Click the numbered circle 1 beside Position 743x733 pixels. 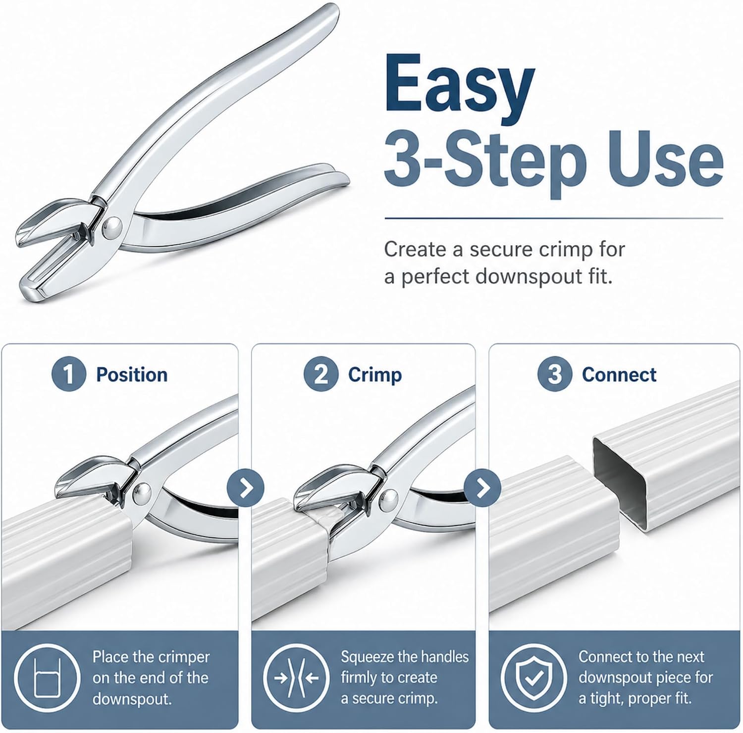tap(69, 374)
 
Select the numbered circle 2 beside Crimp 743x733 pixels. tap(321, 374)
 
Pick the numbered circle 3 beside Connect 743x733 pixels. tap(555, 374)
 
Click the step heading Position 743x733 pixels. tap(132, 375)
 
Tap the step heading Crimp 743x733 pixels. tap(375, 375)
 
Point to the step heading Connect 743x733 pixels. tap(619, 375)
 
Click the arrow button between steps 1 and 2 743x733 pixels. tap(246, 488)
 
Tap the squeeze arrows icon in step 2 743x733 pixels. tap(296, 678)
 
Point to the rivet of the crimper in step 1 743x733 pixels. tap(143, 492)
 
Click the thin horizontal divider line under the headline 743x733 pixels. tap(554, 218)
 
